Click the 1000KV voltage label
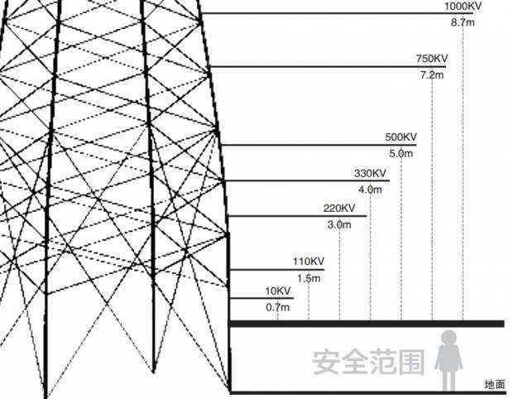pyautogui.click(x=463, y=6)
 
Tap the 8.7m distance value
pyautogui.click(x=463, y=22)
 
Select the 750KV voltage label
pyautogui.click(x=432, y=59)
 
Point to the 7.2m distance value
pyautogui.click(x=432, y=75)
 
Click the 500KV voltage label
pyautogui.click(x=401, y=137)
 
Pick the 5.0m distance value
pyautogui.click(x=400, y=154)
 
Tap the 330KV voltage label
pyautogui.click(x=370, y=173)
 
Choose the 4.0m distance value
pyautogui.click(x=370, y=190)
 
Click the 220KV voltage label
pyautogui.click(x=339, y=208)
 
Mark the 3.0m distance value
pyautogui.click(x=339, y=224)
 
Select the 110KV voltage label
pyautogui.click(x=309, y=262)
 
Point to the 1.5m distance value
pyautogui.click(x=309, y=278)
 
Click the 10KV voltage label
pyautogui.click(x=278, y=291)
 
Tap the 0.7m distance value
pyautogui.click(x=278, y=307)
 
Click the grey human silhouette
pyautogui.click(x=448, y=359)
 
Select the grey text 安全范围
pyautogui.click(x=367, y=362)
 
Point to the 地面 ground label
pyautogui.click(x=495, y=384)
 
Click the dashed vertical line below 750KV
pyautogui.click(x=432, y=199)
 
